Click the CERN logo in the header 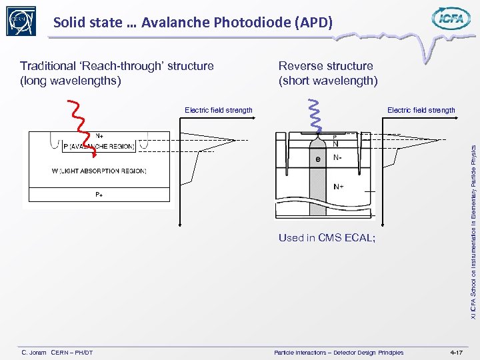click(21, 21)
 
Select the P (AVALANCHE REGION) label click(98, 147)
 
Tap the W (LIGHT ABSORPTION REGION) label click(99, 171)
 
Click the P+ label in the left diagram click(98, 195)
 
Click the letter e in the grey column click(318, 159)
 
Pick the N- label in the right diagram click(338, 159)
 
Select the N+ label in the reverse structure click(339, 187)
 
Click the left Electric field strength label click(218, 110)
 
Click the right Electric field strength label click(421, 110)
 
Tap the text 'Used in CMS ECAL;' click(327, 238)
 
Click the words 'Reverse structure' click(325, 66)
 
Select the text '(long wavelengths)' click(71, 81)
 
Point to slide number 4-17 click(456, 352)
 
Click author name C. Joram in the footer click(34, 352)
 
